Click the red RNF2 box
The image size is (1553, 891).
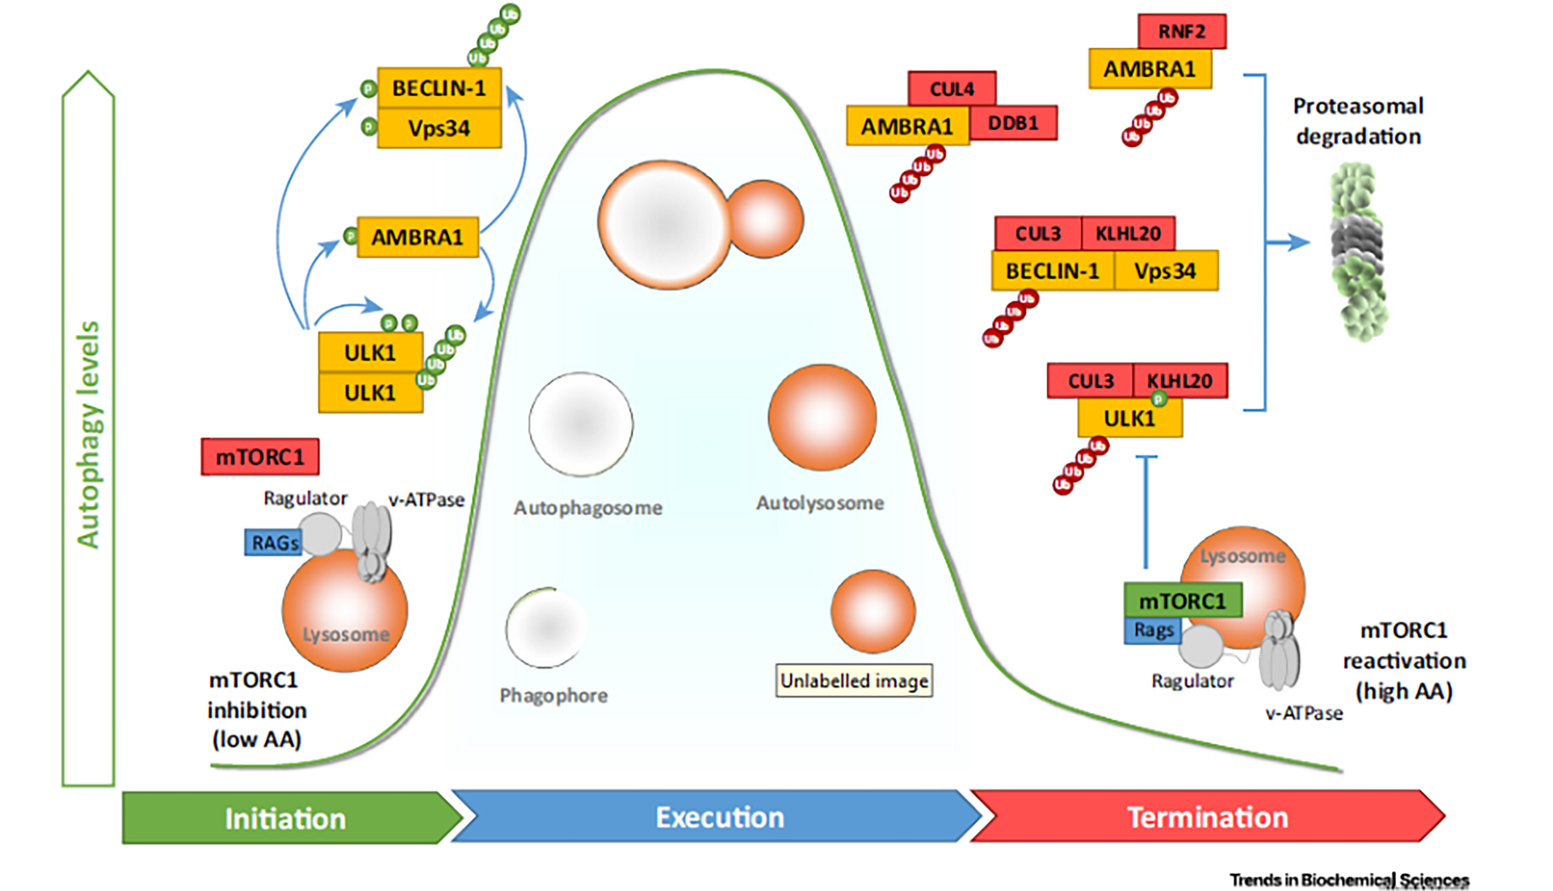1181,32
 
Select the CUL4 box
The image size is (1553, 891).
951,89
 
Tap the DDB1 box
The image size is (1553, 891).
1013,123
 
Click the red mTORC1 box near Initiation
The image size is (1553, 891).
260,457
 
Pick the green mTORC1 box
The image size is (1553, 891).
1182,601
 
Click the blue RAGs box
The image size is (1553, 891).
274,543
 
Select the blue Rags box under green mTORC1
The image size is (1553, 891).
1153,630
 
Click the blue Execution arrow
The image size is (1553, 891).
718,817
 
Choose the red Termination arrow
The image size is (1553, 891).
1206,817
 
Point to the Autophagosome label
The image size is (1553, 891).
588,508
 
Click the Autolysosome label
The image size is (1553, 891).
819,504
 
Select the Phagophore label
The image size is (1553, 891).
553,695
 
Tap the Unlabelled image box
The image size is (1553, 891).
853,681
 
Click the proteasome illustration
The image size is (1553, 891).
1358,252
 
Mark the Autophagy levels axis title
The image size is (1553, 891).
88,434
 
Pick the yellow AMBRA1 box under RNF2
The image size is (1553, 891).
1149,69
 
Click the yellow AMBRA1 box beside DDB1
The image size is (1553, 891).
906,127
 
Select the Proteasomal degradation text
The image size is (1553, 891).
1358,121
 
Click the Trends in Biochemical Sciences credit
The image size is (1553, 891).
1349,879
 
